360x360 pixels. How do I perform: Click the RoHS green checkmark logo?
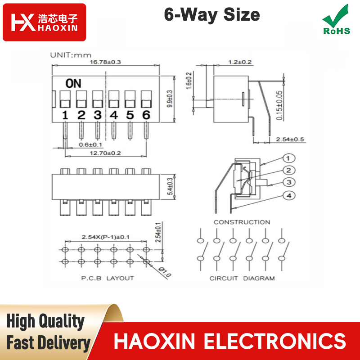pos(336,20)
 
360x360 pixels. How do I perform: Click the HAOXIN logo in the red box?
pos(44,22)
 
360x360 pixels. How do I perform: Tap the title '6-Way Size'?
pos(212,15)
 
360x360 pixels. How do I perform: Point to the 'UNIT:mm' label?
pos(71,55)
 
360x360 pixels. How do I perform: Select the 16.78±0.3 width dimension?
pos(105,62)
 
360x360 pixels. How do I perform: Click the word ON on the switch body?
pos(73,84)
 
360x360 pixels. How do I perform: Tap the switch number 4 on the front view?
pos(114,115)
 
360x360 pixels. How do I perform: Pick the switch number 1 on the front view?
pos(65,115)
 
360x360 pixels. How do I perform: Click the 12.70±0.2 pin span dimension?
pos(105,153)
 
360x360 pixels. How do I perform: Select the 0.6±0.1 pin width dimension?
pos(90,144)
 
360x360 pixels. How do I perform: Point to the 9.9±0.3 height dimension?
pos(170,99)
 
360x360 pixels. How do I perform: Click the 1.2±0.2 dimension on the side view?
pos(240,62)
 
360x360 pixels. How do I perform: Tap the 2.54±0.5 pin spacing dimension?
pos(290,139)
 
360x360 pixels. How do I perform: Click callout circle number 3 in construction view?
pos(289,182)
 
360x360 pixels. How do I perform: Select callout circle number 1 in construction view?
pos(289,158)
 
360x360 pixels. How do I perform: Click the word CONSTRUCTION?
pos(242,222)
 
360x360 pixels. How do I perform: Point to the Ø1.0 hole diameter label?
pos(165,272)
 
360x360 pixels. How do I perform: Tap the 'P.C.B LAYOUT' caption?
pos(108,278)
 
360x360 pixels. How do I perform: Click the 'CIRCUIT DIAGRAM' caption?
pos(242,278)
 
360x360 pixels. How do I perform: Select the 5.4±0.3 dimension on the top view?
pos(170,187)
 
